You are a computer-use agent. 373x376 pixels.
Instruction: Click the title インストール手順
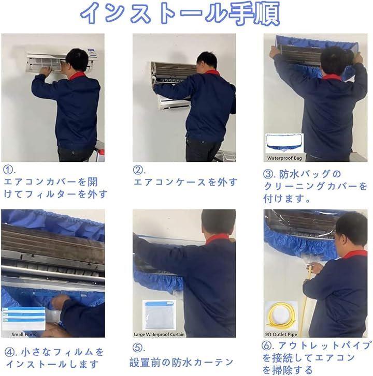pyautogui.click(x=180, y=13)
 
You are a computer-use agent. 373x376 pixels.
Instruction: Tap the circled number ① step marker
pyautogui.click(x=8, y=170)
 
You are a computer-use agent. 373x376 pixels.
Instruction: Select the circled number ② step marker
pyautogui.click(x=138, y=170)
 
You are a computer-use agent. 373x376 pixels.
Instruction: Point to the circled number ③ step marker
pyautogui.click(x=268, y=174)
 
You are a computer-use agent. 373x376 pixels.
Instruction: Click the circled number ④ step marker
pyautogui.click(x=9, y=352)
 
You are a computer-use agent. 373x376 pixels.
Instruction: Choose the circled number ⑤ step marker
pyautogui.click(x=137, y=348)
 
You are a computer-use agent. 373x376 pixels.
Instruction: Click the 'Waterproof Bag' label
pyautogui.click(x=284, y=158)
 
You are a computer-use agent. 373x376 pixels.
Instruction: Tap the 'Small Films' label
pyautogui.click(x=24, y=334)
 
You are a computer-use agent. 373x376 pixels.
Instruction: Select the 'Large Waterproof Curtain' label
pyautogui.click(x=159, y=334)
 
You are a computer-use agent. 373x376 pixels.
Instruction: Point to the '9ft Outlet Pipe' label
pyautogui.click(x=281, y=334)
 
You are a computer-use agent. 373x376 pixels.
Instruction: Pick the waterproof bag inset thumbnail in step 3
pyautogui.click(x=284, y=144)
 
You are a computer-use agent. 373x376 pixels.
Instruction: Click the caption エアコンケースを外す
pyautogui.click(x=185, y=182)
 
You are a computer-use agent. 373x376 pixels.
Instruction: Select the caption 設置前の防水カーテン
pyautogui.click(x=181, y=363)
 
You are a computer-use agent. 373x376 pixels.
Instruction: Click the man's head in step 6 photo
pyautogui.click(x=350, y=230)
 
